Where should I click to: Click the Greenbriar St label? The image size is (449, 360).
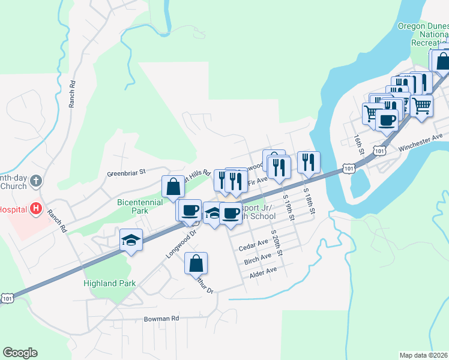point(127,173)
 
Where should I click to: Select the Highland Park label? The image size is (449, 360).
point(110,283)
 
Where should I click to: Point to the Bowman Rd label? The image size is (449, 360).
point(161,319)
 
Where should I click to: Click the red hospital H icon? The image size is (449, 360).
point(36,209)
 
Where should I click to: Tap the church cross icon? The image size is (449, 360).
point(36,180)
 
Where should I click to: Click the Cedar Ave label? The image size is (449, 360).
point(253,244)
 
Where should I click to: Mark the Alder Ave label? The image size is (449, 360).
point(263,271)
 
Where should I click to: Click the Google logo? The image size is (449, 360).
point(20,353)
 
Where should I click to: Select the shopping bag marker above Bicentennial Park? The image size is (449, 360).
point(173,186)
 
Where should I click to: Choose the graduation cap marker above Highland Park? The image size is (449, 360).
point(131,241)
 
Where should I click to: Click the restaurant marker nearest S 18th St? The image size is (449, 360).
point(309,162)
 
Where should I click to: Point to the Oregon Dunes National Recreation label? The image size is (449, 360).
point(423,34)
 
